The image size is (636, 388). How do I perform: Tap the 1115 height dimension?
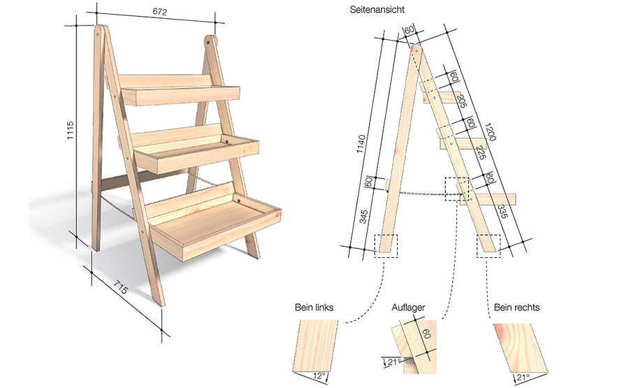click(x=71, y=133)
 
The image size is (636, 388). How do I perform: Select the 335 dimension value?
click(x=502, y=212)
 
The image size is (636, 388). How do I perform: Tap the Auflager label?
click(x=409, y=308)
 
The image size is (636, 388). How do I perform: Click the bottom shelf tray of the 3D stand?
click(x=213, y=222)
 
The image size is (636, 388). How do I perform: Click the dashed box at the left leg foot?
click(x=385, y=245)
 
